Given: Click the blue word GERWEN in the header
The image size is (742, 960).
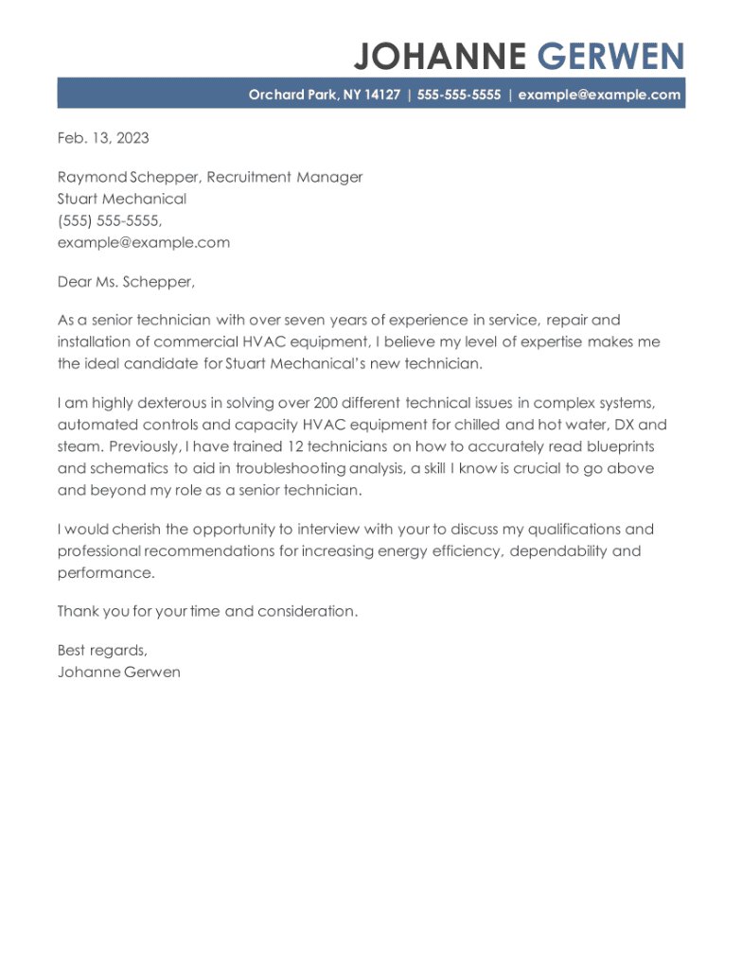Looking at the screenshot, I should pyautogui.click(x=609, y=57).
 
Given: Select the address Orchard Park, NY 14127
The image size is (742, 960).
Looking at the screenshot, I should pyautogui.click(x=324, y=95).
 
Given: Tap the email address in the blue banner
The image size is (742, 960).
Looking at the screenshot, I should pyautogui.click(x=599, y=95).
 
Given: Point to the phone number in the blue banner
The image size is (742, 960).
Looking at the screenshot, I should pyautogui.click(x=458, y=95).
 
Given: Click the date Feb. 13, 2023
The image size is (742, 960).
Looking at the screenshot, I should pyautogui.click(x=103, y=138).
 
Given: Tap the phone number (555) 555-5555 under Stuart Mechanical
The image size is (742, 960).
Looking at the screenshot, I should pyautogui.click(x=109, y=220).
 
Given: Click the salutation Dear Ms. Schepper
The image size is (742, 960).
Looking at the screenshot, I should pyautogui.click(x=125, y=282).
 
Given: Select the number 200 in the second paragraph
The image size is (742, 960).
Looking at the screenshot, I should pyautogui.click(x=327, y=403).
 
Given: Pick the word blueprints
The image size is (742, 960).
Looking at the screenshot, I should pyautogui.click(x=617, y=446).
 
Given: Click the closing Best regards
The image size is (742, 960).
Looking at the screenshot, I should pyautogui.click(x=102, y=651).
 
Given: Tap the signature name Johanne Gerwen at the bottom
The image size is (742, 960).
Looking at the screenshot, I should pyautogui.click(x=118, y=672).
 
